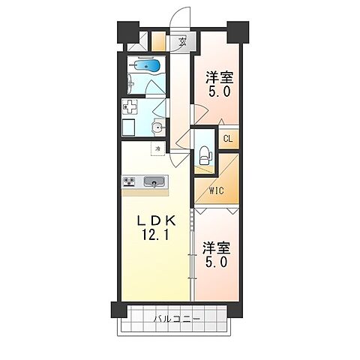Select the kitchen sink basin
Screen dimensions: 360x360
click(x=154, y=181)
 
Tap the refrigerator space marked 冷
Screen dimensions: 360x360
click(x=158, y=149)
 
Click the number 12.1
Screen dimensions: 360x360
click(x=153, y=238)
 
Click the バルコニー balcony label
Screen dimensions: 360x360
click(x=175, y=319)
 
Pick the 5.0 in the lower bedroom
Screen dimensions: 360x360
click(x=215, y=262)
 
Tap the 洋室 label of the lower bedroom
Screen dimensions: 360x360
click(x=215, y=247)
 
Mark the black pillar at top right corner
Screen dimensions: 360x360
click(x=239, y=32)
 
